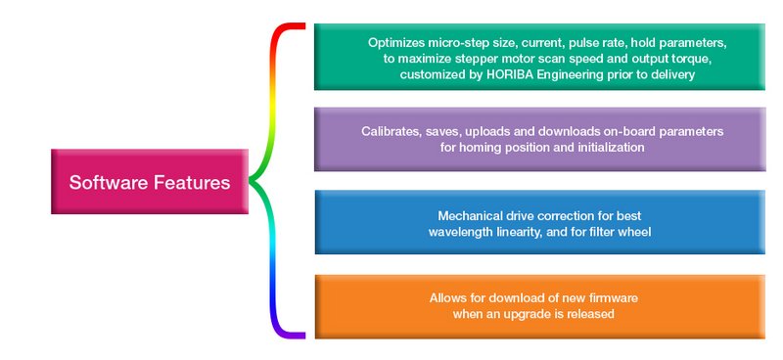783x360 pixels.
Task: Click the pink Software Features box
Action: click(150, 182)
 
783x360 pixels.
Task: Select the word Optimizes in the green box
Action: click(397, 44)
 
